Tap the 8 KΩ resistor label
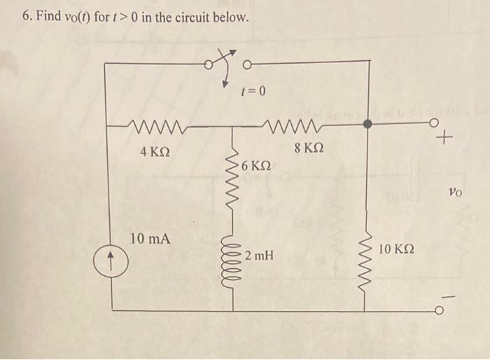click(309, 148)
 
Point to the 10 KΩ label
click(396, 249)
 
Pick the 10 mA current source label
click(150, 239)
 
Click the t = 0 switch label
click(253, 90)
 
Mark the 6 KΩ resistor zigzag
click(231, 186)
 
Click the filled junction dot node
click(368, 124)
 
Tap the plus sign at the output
click(441, 140)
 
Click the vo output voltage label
click(456, 190)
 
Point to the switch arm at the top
click(221, 60)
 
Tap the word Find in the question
click(48, 15)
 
